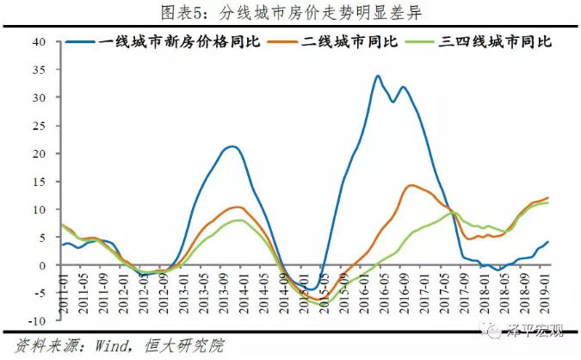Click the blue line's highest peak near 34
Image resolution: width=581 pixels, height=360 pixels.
click(378, 76)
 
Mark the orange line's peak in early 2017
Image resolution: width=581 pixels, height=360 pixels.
click(412, 185)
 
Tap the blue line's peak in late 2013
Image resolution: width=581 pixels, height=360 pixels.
click(231, 146)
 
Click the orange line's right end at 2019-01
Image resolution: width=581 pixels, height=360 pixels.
click(548, 198)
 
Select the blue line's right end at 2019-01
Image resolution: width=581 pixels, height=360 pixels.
click(548, 242)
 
